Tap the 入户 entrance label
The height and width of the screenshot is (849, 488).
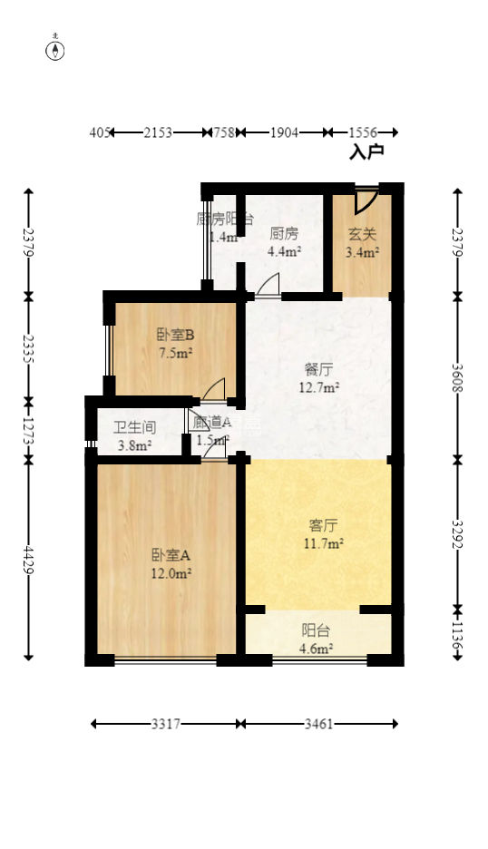coord(366,152)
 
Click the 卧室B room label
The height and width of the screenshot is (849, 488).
coord(176,334)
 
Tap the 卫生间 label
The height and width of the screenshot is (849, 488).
coord(134,427)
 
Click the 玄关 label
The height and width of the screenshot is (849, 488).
coord(362,234)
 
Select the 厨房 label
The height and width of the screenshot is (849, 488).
coord(284,232)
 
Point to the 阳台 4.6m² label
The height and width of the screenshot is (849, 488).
coord(317,631)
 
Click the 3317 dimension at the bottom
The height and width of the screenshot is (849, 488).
coord(165,724)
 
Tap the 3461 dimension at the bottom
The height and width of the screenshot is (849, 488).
coord(318,724)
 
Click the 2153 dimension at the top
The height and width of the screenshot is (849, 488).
coord(158,133)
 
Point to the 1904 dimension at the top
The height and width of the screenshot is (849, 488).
coord(284,133)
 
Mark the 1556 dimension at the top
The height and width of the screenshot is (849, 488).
coord(362,133)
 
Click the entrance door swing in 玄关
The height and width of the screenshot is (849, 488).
coord(366,199)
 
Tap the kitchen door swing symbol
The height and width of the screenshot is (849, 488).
coord(268,287)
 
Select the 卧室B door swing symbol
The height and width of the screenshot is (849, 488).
coord(214,390)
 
